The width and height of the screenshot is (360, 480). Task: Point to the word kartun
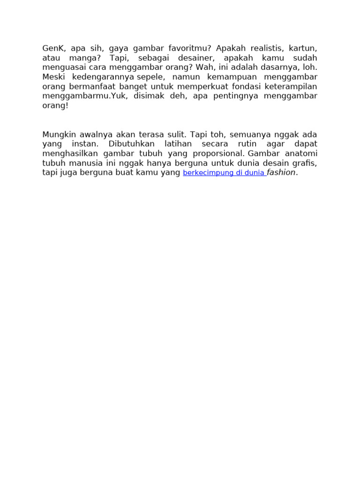coord(303,48)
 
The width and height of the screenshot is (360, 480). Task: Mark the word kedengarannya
coord(103,77)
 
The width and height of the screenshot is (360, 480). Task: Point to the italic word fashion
coord(281,172)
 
